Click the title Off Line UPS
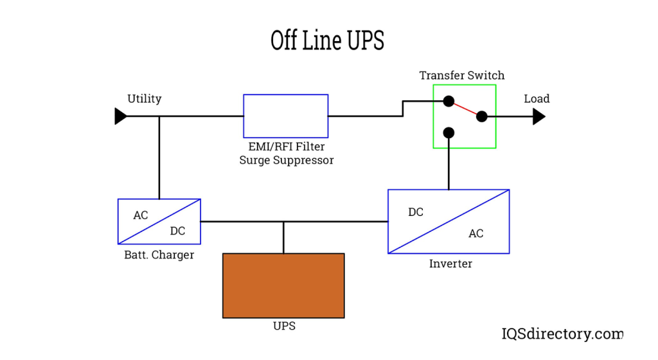click(x=327, y=40)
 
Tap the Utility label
click(x=144, y=99)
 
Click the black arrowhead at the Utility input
click(x=120, y=116)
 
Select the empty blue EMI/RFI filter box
click(x=285, y=116)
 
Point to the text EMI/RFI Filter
click(x=287, y=147)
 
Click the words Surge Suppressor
click(x=287, y=160)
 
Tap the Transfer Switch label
click(x=461, y=75)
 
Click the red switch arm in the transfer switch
click(x=465, y=109)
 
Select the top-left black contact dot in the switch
click(x=449, y=101)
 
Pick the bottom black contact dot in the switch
click(x=449, y=133)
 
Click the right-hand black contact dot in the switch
click(x=481, y=116)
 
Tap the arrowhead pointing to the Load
click(x=538, y=116)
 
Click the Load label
click(x=537, y=99)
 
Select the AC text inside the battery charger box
click(x=141, y=215)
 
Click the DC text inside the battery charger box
click(x=177, y=231)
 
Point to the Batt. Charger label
click(x=159, y=255)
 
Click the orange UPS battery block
click(x=283, y=285)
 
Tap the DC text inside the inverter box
click(x=416, y=212)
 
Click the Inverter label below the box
click(x=450, y=264)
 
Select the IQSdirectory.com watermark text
click(x=562, y=334)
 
